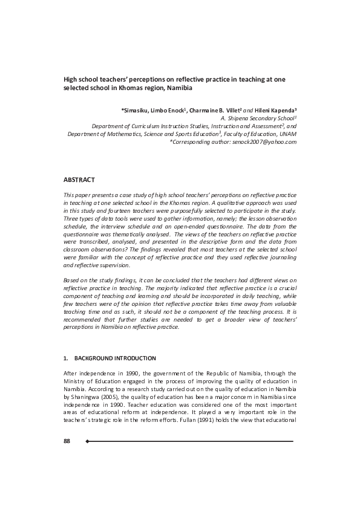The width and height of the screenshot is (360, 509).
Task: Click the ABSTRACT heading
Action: pos(79,180)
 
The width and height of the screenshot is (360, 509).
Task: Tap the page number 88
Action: pos(67,441)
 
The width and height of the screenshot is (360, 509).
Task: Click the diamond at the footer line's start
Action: pos(88,441)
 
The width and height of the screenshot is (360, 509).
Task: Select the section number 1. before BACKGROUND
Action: pos(66,358)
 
